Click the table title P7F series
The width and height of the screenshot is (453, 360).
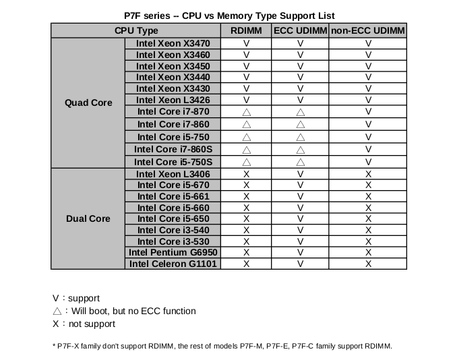pos(229,16)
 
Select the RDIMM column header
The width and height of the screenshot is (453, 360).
pos(246,30)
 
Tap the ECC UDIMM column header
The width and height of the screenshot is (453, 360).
pos(301,30)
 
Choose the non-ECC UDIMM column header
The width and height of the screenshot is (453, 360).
pos(368,30)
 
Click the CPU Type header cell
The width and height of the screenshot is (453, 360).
pos(136,30)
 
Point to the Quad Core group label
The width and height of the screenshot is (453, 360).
pos(88,102)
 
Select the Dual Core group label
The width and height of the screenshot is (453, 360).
pos(88,219)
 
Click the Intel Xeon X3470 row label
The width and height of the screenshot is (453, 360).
pos(173,43)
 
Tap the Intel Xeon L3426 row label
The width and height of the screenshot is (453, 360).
pos(173,100)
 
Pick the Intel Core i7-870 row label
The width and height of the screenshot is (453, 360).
pos(173,111)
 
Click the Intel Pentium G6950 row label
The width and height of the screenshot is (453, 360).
pos(173,252)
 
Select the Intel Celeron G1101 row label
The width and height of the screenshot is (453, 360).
pos(173,264)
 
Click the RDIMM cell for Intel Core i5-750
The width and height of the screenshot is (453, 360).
pos(246,137)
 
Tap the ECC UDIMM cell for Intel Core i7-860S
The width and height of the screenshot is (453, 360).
pos(301,150)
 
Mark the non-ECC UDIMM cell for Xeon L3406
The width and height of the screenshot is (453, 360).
pos(368,174)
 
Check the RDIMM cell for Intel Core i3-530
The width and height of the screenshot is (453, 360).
pos(246,241)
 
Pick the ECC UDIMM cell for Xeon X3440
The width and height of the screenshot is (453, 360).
pos(301,78)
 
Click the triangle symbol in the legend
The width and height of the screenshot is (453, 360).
pos(57,311)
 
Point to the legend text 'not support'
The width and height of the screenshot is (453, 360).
pos(92,324)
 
